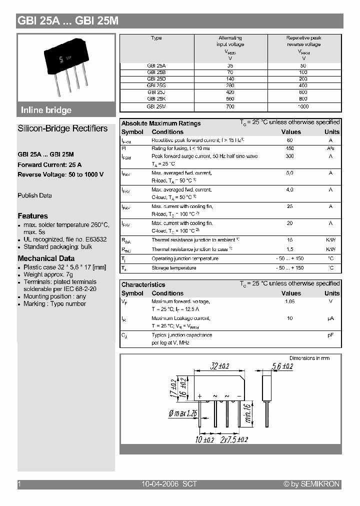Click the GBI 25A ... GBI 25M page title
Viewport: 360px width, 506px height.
point(67,20)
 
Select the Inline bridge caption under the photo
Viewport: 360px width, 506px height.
point(46,110)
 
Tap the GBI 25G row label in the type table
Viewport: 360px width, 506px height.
point(156,85)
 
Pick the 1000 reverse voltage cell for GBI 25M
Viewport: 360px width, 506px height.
point(303,106)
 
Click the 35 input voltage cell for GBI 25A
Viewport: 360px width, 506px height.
point(230,65)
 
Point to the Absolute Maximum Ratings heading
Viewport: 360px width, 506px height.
point(161,123)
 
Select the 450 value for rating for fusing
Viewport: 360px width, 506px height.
point(290,148)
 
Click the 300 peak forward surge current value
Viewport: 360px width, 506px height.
point(290,156)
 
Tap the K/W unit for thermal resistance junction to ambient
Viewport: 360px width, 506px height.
point(330,240)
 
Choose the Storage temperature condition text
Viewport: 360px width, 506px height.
point(173,268)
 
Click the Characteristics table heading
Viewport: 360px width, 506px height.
point(143,285)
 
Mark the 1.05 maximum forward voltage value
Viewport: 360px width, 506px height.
point(290,301)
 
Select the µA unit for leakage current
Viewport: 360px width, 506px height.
point(330,318)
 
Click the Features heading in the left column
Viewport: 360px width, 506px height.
point(33,216)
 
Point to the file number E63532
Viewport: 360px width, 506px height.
point(95,239)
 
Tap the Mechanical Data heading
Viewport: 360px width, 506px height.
point(46,258)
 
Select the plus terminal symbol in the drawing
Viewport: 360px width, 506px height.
point(199,396)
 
